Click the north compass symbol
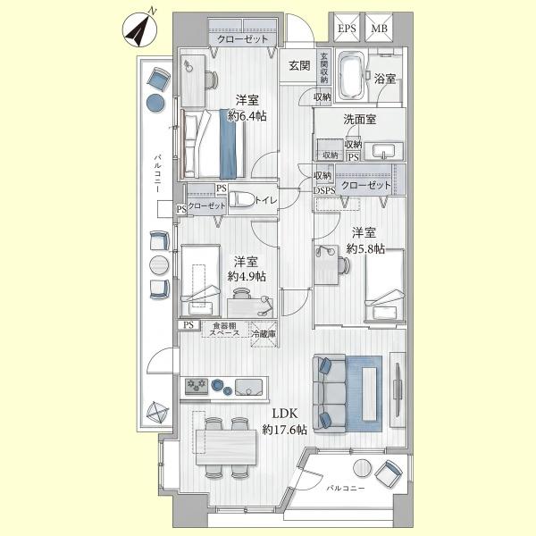[x=139, y=29]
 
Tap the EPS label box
[x=347, y=28]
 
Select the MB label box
[x=379, y=28]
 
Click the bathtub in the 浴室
[x=351, y=75]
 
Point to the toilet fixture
[x=242, y=199]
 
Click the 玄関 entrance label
[x=299, y=65]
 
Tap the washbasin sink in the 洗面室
[x=384, y=151]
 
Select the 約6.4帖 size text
[x=247, y=116]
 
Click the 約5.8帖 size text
[x=365, y=248]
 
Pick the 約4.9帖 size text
[x=247, y=276]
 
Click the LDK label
[x=285, y=414]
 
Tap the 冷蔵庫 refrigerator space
[x=264, y=334]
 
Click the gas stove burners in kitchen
[x=197, y=386]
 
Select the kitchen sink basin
[x=249, y=388]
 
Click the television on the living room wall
[x=398, y=389]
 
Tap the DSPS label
[x=324, y=191]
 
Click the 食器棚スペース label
[x=224, y=329]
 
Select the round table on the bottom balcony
[x=363, y=468]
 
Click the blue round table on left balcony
[x=155, y=103]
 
